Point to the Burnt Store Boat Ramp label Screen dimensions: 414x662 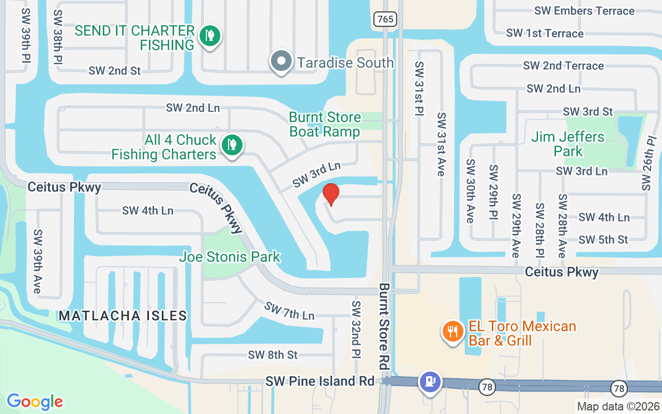click(325, 124)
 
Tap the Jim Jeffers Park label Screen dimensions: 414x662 click(568, 144)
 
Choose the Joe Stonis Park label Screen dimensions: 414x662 click(230, 256)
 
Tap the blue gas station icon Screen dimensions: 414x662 click(430, 382)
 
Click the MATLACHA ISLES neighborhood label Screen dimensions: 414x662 click(123, 315)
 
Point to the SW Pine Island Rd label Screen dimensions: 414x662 click(320, 381)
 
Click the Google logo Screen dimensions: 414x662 click(35, 401)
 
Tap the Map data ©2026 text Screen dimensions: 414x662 click(618, 407)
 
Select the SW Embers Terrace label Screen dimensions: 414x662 click(585, 11)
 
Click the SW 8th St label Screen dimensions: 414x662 click(273, 354)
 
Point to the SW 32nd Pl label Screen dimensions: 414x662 click(356, 330)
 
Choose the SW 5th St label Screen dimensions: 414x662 click(604, 240)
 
